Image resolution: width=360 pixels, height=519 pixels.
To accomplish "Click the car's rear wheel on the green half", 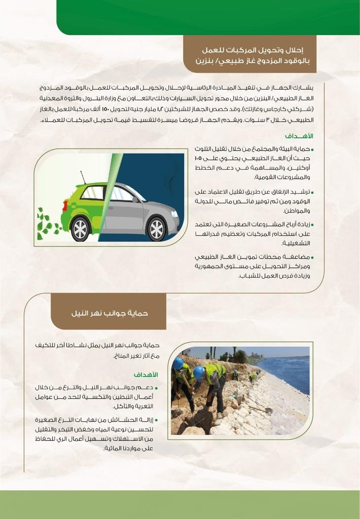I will click(x=80, y=228).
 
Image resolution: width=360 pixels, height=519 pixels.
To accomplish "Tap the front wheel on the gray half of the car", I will click(x=156, y=229).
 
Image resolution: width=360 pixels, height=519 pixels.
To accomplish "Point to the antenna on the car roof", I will click(x=83, y=177).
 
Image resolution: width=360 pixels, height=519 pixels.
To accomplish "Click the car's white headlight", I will click(x=174, y=213).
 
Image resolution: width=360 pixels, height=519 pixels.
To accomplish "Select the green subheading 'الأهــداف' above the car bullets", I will click(x=299, y=136).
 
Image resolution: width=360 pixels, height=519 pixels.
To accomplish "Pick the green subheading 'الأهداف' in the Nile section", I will click(x=146, y=375).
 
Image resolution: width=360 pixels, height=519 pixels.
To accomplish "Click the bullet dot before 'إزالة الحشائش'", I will click(x=156, y=421).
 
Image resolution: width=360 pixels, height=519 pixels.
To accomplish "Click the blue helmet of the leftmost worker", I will click(x=178, y=363).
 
